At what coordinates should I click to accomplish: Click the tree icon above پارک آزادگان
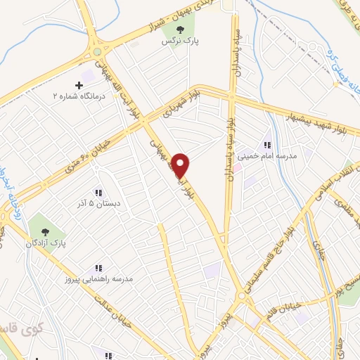[46, 231]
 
